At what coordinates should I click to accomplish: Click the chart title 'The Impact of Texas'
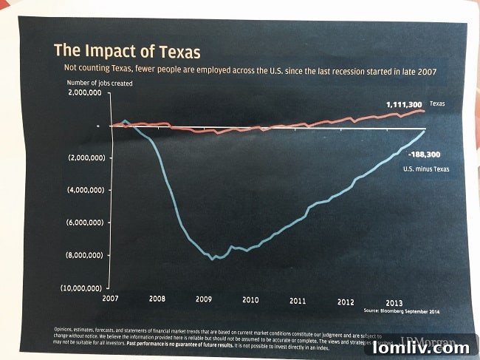(x=127, y=52)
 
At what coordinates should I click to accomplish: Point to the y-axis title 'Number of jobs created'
(x=100, y=84)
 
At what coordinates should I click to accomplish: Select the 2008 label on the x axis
(x=157, y=300)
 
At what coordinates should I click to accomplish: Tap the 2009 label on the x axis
(x=204, y=300)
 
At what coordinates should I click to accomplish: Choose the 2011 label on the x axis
(x=298, y=301)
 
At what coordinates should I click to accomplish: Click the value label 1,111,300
(x=404, y=105)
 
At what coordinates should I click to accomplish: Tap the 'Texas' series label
(x=439, y=105)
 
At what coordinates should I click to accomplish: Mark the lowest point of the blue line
(x=213, y=259)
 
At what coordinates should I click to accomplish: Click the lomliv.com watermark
(x=421, y=347)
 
